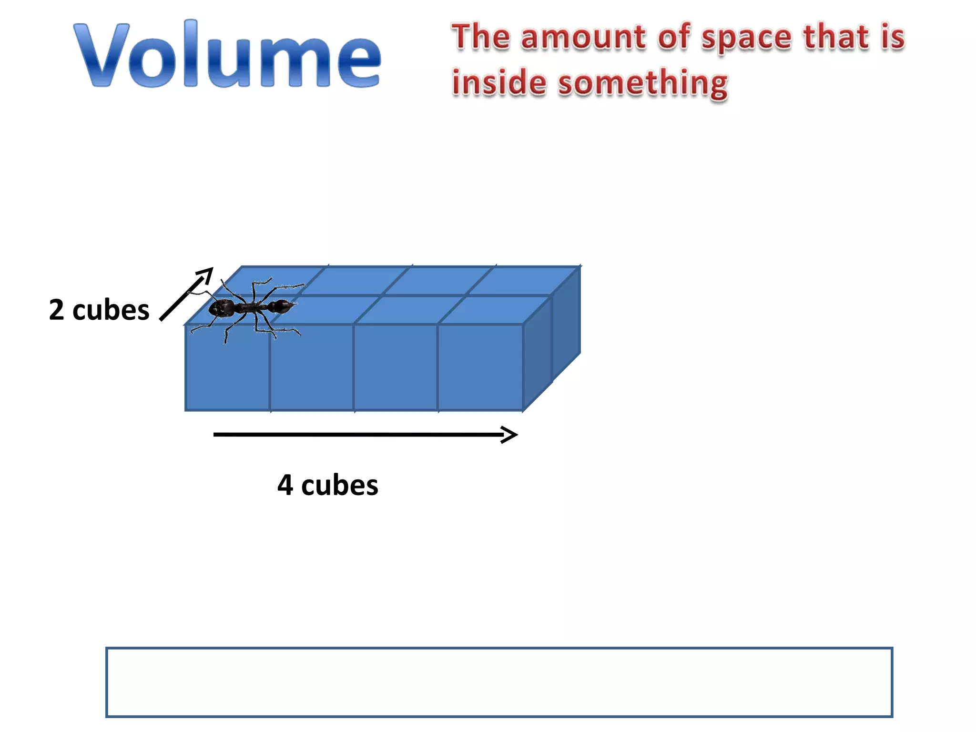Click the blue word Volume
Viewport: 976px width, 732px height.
tap(227, 55)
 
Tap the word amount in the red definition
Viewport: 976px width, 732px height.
tap(583, 37)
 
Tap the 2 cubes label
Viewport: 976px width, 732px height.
tap(99, 310)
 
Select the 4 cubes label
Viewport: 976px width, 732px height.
tap(328, 485)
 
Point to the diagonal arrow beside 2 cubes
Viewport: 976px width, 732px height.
tap(186, 294)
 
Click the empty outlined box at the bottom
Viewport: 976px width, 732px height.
tap(499, 682)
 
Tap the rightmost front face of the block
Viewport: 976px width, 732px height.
tap(480, 367)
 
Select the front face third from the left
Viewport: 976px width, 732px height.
tap(396, 367)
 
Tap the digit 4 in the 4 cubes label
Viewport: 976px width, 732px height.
tap(285, 485)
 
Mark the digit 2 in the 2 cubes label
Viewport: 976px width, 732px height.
tap(57, 310)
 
